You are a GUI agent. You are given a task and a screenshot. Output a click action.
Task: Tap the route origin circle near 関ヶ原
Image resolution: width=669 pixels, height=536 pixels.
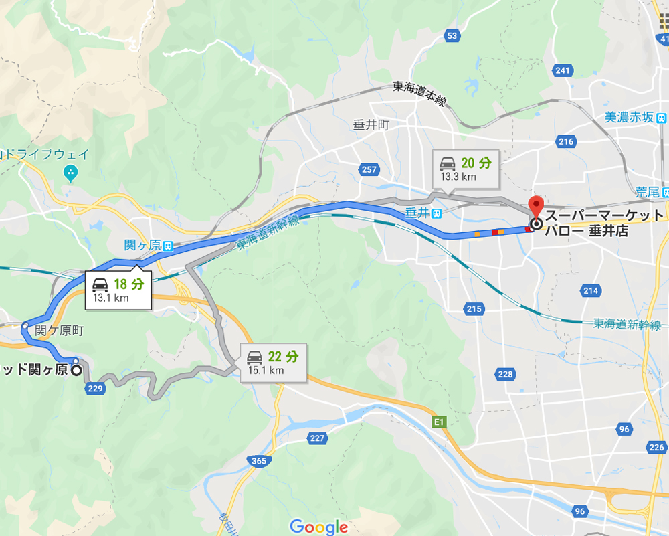click(x=76, y=369)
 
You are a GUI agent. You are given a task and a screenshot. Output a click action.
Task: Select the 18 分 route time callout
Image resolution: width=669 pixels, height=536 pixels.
click(x=119, y=290)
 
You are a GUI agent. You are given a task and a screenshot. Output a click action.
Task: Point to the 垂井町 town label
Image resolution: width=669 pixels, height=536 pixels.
click(x=371, y=124)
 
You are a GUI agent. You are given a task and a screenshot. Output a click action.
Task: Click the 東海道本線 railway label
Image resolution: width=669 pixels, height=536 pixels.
click(x=419, y=94)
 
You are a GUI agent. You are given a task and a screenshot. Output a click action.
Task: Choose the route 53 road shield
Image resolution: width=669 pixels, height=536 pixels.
click(x=453, y=35)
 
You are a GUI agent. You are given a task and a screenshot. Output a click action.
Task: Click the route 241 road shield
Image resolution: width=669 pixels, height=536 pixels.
click(x=563, y=71)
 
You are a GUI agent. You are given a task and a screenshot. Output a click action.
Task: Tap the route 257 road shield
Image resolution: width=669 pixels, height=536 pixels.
click(x=369, y=170)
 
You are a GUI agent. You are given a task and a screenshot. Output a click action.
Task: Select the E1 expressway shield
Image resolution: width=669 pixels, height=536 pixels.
click(x=439, y=422)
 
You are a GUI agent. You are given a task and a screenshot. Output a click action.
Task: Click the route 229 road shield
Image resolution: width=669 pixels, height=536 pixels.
click(x=96, y=389)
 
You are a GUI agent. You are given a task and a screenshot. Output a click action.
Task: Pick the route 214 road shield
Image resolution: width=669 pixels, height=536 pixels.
click(x=590, y=290)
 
